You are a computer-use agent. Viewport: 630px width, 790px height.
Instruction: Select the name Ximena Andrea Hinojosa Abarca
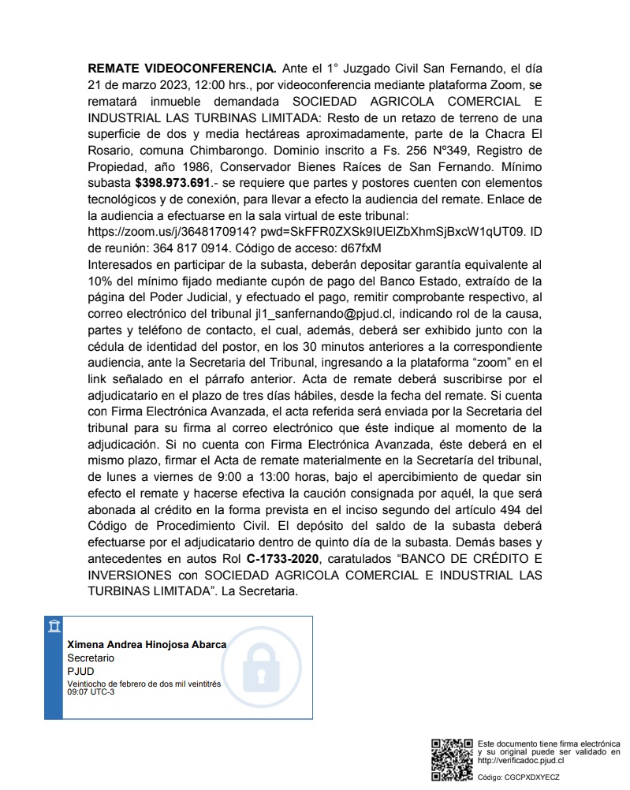pyautogui.click(x=147, y=644)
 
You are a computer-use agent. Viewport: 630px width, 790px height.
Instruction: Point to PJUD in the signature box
pyautogui.click(x=80, y=670)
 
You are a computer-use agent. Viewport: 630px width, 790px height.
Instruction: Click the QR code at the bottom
pyautogui.click(x=452, y=759)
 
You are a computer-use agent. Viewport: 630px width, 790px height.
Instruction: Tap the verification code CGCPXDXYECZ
pyautogui.click(x=531, y=777)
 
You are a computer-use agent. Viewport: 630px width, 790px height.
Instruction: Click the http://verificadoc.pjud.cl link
pyautogui.click(x=520, y=760)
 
